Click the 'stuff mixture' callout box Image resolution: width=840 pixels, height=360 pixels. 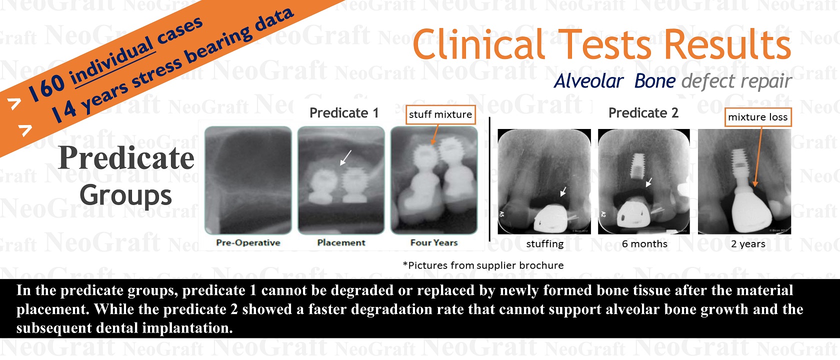[440, 115]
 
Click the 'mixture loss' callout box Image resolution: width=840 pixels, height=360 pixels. [758, 117]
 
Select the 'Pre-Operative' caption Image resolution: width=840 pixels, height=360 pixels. [248, 242]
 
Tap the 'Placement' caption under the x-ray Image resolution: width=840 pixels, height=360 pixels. [341, 242]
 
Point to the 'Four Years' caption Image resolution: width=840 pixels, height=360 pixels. [434, 242]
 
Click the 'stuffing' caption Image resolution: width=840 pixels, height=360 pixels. [545, 244]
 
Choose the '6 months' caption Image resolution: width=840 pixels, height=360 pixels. [644, 244]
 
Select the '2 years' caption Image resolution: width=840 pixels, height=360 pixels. [748, 244]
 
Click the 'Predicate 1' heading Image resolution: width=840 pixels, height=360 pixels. [344, 113]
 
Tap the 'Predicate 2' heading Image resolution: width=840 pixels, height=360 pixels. [643, 113]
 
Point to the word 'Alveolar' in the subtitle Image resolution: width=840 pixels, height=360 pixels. [589, 81]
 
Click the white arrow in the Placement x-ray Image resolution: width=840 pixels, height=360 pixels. [345, 157]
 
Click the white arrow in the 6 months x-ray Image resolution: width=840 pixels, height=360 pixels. [649, 182]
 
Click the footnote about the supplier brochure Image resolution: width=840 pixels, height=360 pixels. [483, 265]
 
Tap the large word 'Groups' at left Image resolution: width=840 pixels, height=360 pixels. [126, 195]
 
